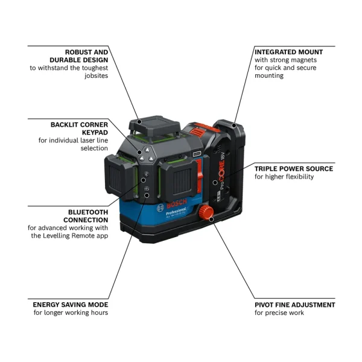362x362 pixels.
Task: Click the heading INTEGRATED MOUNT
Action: tap(288, 52)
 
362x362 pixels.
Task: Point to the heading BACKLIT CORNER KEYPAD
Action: tap(79, 129)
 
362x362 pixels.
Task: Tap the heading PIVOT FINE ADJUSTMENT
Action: tap(294, 305)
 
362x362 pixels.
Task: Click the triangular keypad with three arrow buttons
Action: tap(144, 154)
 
